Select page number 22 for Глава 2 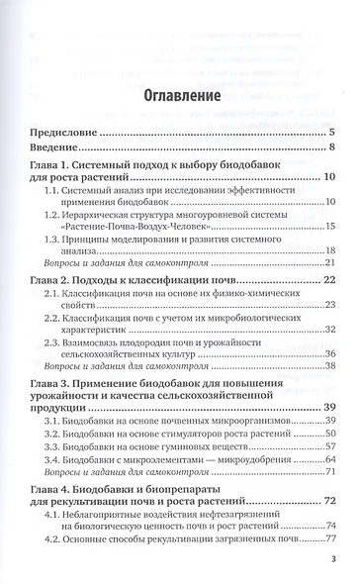click(330, 280)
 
